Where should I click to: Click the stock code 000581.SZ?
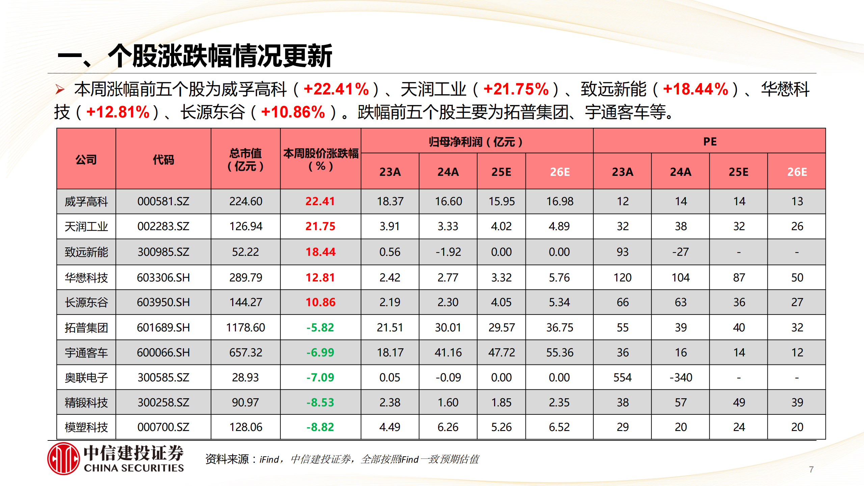163,201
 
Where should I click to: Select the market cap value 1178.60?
245,327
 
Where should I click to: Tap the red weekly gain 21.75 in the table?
320,226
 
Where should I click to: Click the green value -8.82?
320,427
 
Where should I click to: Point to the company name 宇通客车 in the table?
86,353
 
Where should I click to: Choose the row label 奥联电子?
86,378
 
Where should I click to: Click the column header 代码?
163,159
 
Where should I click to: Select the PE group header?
709,141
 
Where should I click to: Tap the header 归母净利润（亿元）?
476,142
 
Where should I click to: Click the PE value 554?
622,377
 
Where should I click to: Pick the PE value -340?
680,377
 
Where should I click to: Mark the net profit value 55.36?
560,353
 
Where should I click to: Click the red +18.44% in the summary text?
695,89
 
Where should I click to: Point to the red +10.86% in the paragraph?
293,112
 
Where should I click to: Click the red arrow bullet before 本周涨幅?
60,89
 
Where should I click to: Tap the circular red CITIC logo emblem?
63,458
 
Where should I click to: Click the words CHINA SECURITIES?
134,468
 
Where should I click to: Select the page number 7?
811,469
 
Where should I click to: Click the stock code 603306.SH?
163,277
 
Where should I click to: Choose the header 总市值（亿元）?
245,159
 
